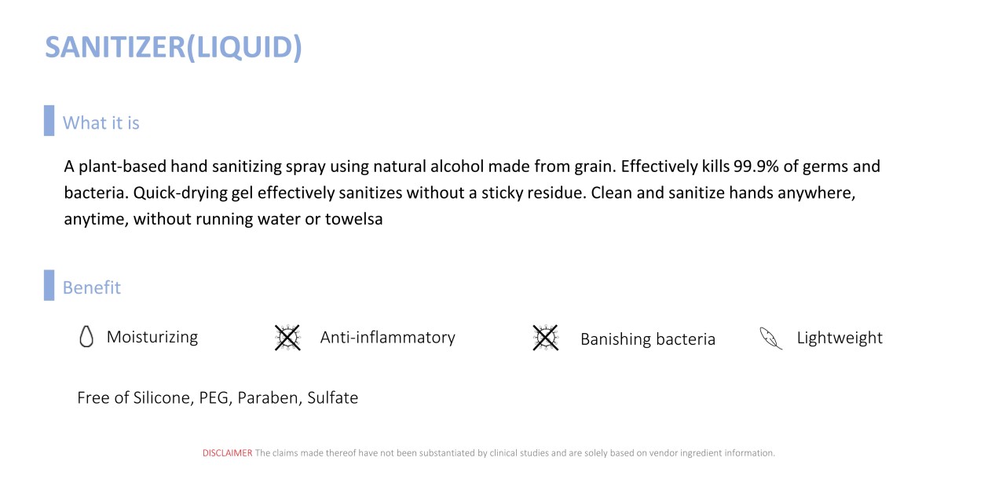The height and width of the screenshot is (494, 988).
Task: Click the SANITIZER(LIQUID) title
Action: click(174, 48)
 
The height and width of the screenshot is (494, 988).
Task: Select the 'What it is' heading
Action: click(101, 123)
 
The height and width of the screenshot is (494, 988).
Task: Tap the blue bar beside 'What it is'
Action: click(49, 120)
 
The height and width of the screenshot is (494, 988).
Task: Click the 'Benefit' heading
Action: click(92, 287)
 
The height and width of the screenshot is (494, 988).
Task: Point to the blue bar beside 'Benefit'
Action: click(49, 285)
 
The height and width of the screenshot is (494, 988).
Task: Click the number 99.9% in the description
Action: click(756, 166)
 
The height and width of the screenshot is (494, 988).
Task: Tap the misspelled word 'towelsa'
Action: click(353, 219)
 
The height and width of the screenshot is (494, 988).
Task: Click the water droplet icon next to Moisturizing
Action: click(86, 337)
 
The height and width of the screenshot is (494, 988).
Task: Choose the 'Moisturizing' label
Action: click(152, 337)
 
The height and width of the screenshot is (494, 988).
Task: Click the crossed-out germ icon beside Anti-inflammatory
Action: click(287, 338)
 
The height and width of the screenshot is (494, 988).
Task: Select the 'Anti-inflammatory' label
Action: click(388, 338)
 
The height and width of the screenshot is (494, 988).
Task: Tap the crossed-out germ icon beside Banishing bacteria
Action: click(546, 338)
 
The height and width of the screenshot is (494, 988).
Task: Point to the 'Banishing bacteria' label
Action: click(648, 339)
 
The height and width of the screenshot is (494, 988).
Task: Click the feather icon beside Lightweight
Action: click(770, 338)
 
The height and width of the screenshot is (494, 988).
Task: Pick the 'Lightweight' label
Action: click(840, 338)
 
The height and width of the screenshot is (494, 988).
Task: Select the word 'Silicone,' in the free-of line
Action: click(163, 398)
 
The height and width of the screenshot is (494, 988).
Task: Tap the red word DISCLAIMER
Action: click(228, 453)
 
